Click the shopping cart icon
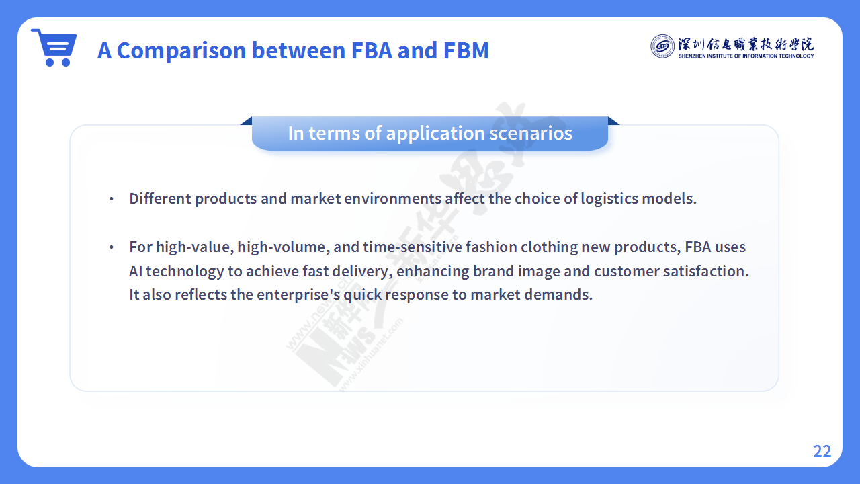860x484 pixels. coord(54,47)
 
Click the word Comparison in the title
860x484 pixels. coord(181,50)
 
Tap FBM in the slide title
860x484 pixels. coord(466,50)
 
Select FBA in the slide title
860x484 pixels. coord(372,50)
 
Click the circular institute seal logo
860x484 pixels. coord(662,46)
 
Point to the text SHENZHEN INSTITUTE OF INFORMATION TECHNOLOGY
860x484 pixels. coord(746,56)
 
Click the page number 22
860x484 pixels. coord(822,451)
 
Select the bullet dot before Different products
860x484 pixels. coord(112,199)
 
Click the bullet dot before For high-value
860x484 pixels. coord(112,247)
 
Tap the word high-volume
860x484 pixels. coord(284,247)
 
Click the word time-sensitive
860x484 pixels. coord(413,247)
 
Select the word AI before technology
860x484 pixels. coord(136,271)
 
